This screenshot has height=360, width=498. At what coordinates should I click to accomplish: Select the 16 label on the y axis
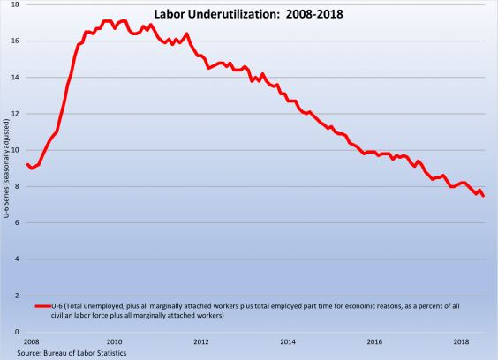[x=19, y=41]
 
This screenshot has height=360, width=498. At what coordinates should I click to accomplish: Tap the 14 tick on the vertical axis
[x=19, y=77]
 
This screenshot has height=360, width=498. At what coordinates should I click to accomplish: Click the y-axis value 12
[x=19, y=113]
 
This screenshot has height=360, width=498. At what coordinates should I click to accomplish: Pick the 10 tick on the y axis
[x=19, y=150]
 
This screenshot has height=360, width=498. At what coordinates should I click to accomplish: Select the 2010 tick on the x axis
[x=115, y=341]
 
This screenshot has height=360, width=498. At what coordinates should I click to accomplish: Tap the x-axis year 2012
[x=201, y=341]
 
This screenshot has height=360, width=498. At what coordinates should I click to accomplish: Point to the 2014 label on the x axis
[x=288, y=341]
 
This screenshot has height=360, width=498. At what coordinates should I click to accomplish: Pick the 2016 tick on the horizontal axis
[x=374, y=341]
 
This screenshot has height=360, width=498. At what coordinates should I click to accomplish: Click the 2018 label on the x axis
[x=461, y=341]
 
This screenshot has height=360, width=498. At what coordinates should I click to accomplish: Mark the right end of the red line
[x=484, y=196]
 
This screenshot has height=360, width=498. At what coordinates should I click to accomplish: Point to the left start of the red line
[x=28, y=164]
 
